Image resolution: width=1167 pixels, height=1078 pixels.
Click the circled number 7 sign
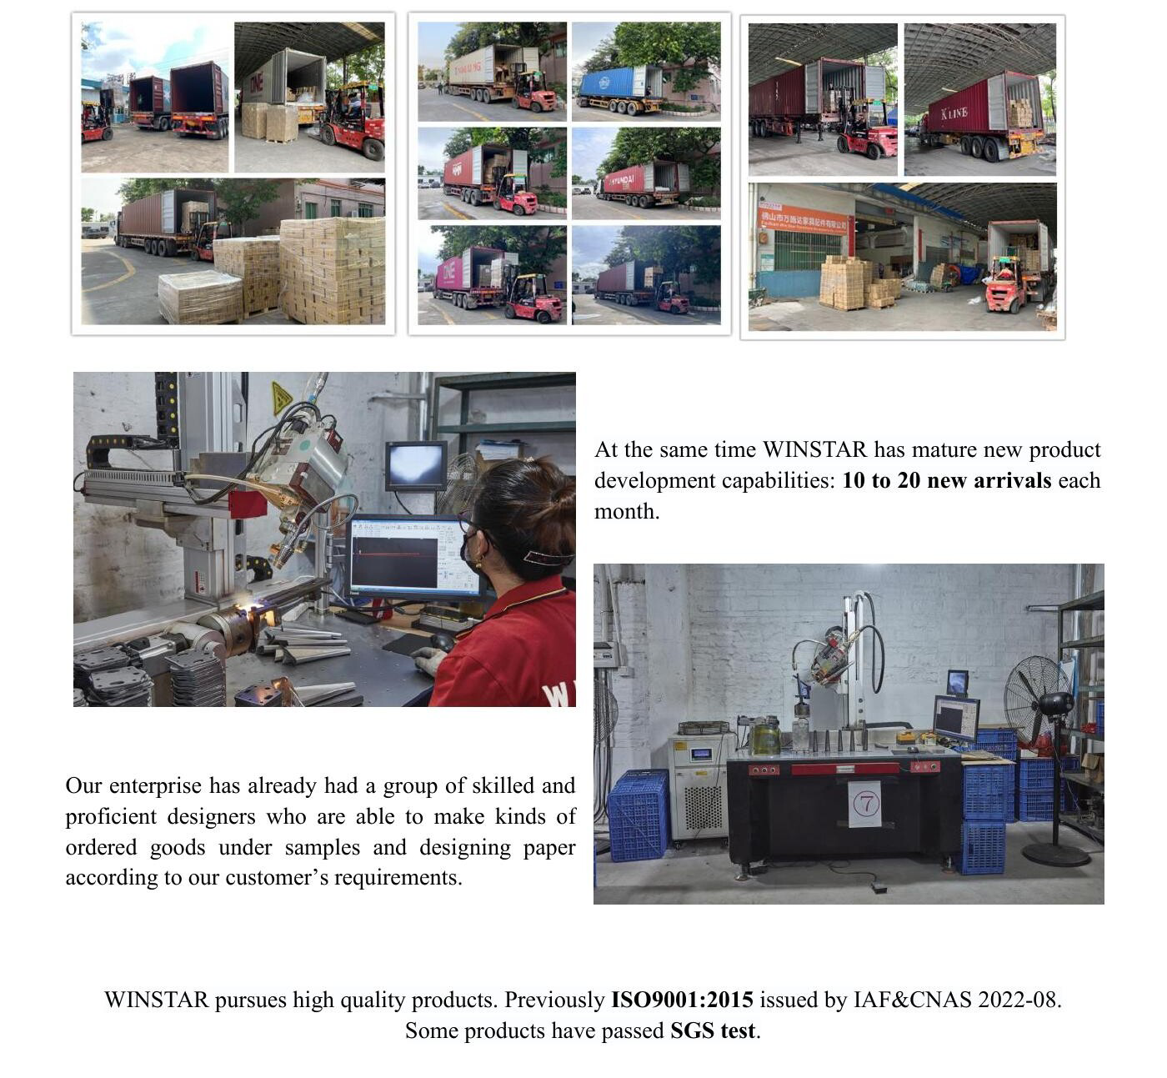[865, 804]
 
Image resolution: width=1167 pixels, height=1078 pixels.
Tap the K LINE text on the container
[954, 113]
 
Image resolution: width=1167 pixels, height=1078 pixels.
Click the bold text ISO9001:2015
[682, 1000]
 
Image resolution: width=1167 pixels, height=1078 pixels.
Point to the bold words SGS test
[713, 1030]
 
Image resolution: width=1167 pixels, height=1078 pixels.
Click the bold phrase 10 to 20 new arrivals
[947, 480]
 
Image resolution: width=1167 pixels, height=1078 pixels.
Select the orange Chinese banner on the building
[803, 220]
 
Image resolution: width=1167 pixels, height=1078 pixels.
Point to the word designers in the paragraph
[212, 817]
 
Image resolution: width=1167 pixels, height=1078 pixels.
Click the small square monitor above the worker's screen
[416, 465]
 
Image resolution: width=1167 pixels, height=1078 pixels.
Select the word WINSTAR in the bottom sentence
[157, 1000]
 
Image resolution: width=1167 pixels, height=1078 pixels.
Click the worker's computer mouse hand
[429, 659]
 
